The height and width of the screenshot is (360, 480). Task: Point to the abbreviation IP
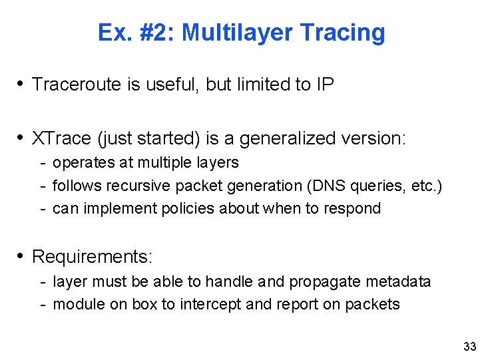[x=324, y=85]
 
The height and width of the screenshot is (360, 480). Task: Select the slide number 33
[x=469, y=346]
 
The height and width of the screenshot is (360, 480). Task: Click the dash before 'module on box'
[x=43, y=304]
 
